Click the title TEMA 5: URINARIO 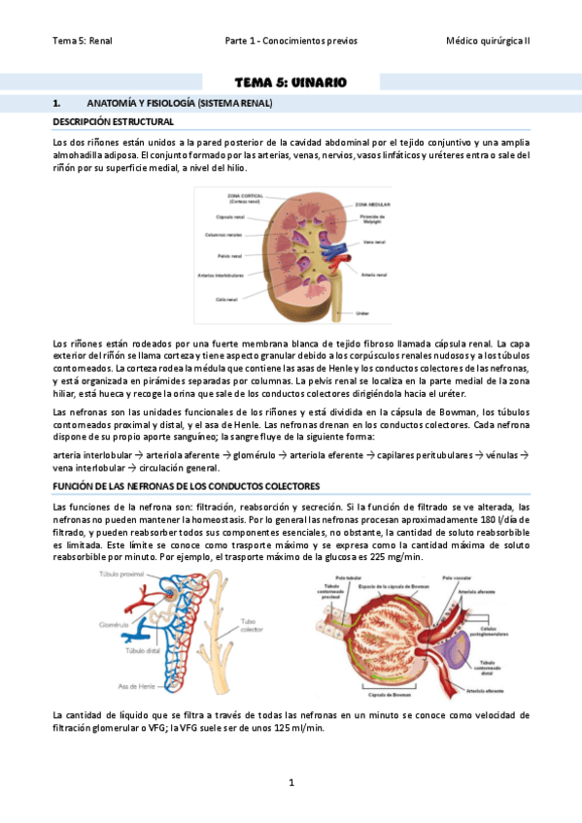291,82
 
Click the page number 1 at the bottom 291,781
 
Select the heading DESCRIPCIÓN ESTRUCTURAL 113,122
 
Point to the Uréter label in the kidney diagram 362,313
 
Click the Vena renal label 374,243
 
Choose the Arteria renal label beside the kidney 374,275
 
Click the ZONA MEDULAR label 373,205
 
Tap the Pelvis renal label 230,256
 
